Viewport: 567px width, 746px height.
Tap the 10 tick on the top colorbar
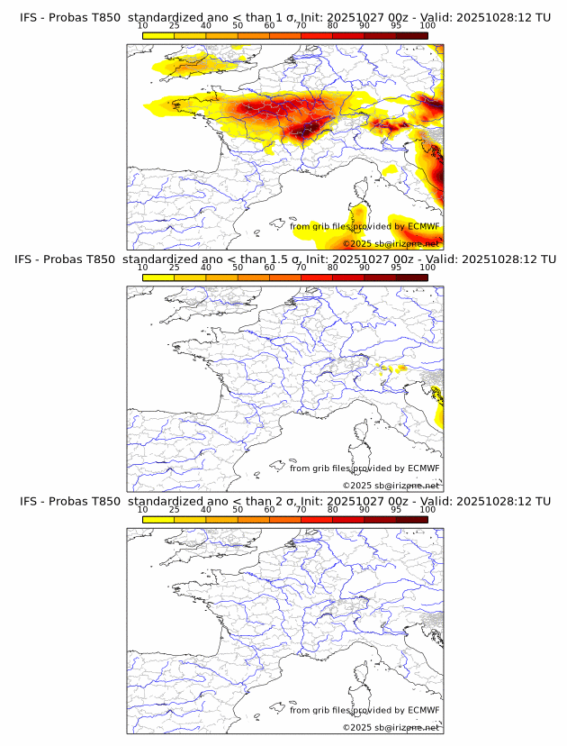point(143,25)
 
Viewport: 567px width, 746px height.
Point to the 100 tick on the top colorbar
point(427,25)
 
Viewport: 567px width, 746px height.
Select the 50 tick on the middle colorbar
point(238,268)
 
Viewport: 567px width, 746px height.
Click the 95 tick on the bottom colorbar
point(396,510)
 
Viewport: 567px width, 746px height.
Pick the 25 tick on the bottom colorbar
point(175,510)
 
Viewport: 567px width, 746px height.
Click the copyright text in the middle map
point(391,486)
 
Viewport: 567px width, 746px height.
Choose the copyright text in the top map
point(391,243)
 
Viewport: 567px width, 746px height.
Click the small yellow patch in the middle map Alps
point(392,368)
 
